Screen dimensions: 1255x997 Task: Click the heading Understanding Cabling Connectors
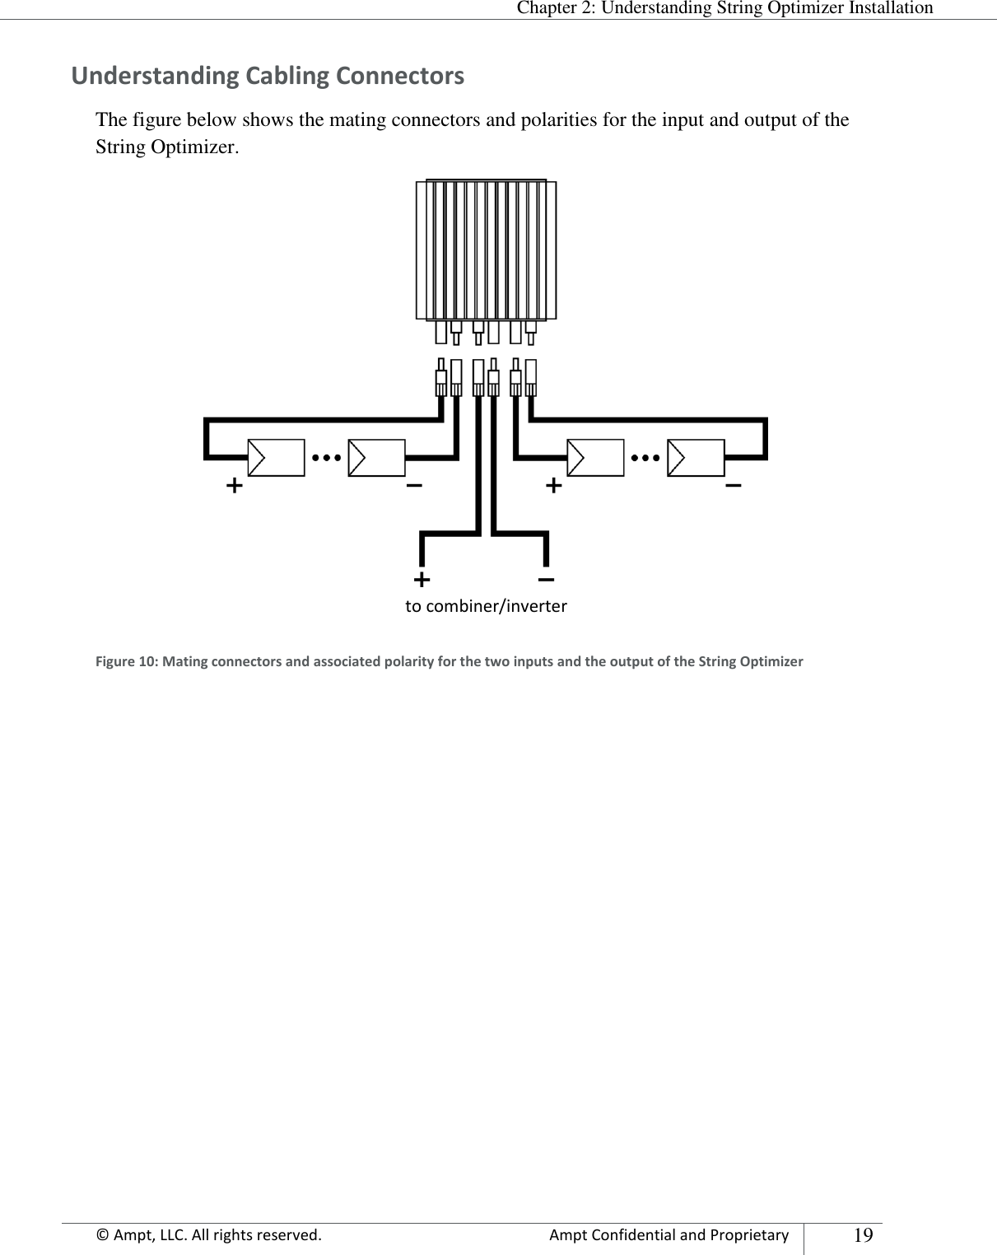(x=268, y=77)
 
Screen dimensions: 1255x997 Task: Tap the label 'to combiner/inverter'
(x=486, y=608)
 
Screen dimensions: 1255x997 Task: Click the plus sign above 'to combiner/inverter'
(x=422, y=580)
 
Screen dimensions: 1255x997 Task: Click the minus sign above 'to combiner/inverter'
(x=545, y=580)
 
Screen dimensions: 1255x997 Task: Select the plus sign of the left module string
(x=235, y=485)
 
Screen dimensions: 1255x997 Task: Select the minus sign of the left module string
(x=415, y=485)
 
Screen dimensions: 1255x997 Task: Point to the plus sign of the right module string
(x=554, y=485)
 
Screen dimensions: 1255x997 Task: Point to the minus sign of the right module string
(x=733, y=485)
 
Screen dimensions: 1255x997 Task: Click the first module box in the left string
(x=276, y=458)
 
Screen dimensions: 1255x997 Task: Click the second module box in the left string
(x=376, y=458)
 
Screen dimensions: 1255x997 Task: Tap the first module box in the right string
(x=595, y=458)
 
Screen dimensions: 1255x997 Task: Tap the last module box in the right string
(x=696, y=458)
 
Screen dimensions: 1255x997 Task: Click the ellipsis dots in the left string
(x=327, y=456)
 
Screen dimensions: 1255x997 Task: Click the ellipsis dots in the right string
(x=645, y=456)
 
